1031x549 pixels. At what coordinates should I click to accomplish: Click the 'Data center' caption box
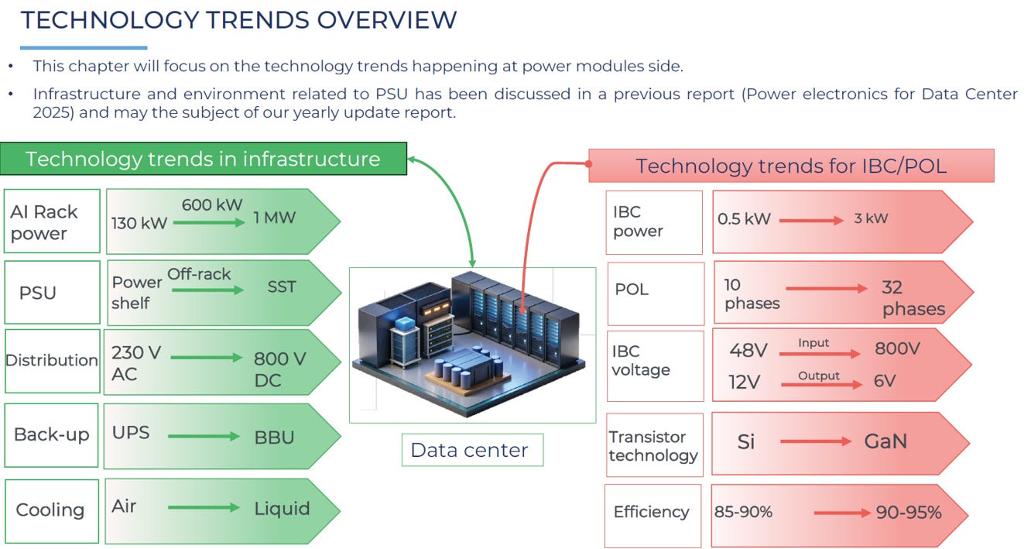pos(472,450)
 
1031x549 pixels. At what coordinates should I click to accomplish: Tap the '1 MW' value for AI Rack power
pos(274,218)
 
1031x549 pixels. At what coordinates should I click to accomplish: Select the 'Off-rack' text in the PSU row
pos(199,274)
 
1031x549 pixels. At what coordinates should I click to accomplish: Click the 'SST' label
pos(281,287)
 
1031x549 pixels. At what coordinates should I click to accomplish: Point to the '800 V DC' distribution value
pos(280,369)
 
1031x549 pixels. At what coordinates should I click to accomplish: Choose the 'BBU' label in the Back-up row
pos(274,437)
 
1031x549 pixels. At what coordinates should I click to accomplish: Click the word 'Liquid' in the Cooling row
pos(283,509)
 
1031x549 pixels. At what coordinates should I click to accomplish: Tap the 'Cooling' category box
pos(52,511)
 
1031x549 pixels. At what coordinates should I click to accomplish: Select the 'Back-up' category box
pos(52,435)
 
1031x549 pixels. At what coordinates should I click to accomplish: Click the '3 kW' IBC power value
pos(871,218)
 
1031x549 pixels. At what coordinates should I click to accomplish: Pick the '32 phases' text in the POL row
pos(913,298)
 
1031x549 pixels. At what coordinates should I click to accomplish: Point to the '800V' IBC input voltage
pos(897,348)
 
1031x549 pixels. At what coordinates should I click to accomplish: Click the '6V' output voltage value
pos(885,381)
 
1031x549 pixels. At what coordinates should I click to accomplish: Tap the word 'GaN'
pos(885,441)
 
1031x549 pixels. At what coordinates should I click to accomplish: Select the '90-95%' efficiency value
pos(909,512)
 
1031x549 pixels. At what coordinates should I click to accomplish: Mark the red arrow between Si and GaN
pos(816,441)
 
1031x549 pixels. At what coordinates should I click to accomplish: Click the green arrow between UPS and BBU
pos(204,436)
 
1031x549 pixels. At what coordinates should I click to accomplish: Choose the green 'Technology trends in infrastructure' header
pos(204,159)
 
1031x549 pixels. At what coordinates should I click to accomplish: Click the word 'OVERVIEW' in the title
pos(387,20)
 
